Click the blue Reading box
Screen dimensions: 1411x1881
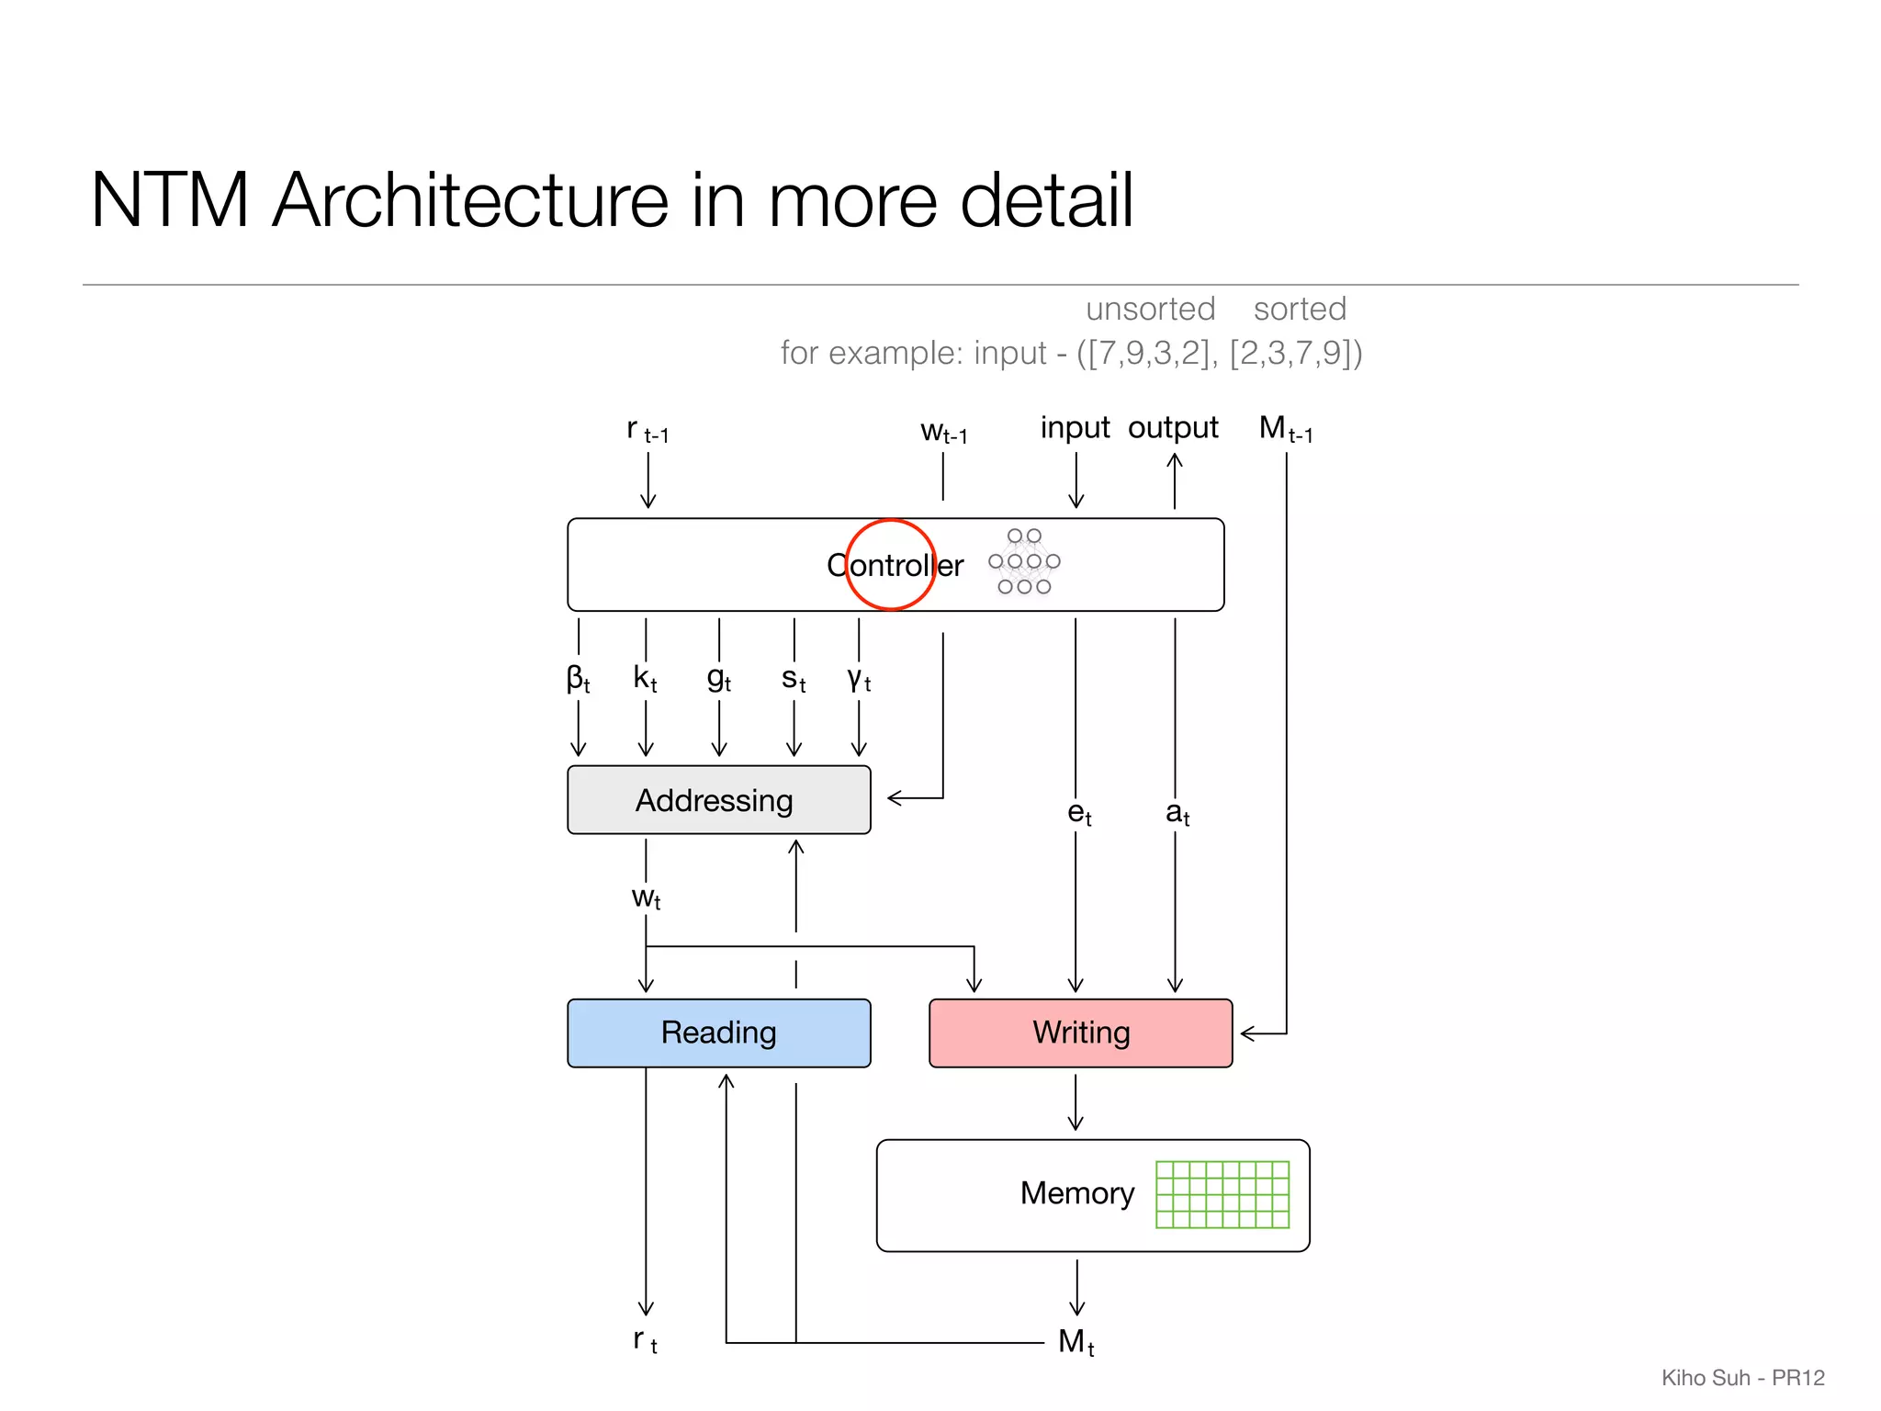point(718,1033)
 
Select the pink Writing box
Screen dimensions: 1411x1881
point(1080,1033)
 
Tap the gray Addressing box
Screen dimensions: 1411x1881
point(718,800)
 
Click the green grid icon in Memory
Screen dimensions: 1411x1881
point(1222,1194)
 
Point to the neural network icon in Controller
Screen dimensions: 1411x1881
point(1024,561)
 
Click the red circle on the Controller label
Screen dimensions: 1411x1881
point(890,565)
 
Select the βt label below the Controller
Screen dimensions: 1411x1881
point(578,679)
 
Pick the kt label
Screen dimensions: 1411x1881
point(645,679)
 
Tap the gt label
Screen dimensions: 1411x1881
point(718,679)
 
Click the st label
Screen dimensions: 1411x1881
point(794,679)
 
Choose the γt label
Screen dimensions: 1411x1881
point(859,679)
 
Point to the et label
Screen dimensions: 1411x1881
point(1079,813)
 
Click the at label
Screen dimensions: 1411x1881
point(1177,813)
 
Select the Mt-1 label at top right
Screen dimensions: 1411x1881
point(1285,428)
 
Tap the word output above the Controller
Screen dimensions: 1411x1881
point(1173,428)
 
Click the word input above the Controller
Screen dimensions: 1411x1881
point(1075,428)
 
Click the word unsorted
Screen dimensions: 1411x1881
point(1150,309)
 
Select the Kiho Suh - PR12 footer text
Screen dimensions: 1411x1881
point(1742,1378)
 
